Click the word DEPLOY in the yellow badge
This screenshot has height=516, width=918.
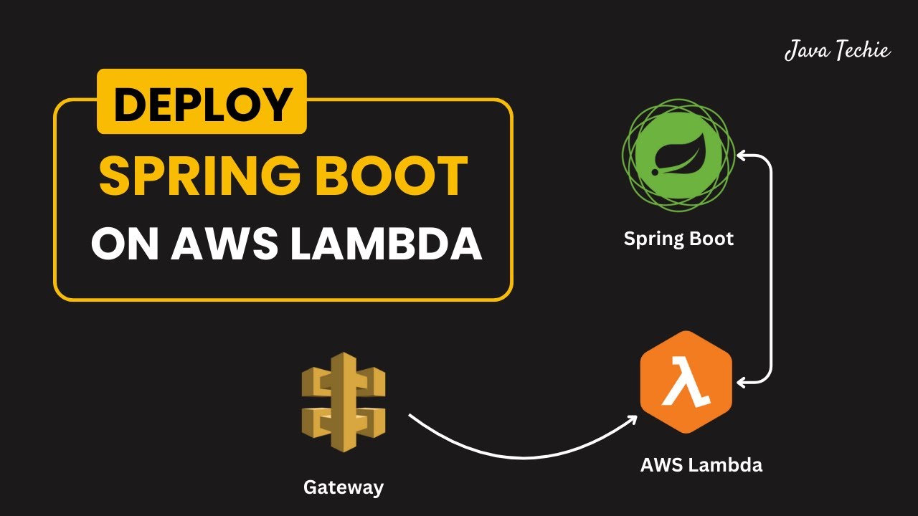coord(202,103)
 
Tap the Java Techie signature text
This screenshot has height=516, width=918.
coord(837,51)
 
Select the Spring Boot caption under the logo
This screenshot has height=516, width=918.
coord(678,239)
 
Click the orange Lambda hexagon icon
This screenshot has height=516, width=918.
coord(686,381)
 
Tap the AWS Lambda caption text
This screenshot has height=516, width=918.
coord(701,465)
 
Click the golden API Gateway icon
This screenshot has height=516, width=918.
coord(344,401)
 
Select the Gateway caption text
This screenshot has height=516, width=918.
coord(344,488)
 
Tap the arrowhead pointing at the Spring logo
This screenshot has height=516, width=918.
coord(743,154)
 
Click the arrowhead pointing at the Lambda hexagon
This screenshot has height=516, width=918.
coord(743,383)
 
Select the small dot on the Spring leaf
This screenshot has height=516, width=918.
coord(655,173)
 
